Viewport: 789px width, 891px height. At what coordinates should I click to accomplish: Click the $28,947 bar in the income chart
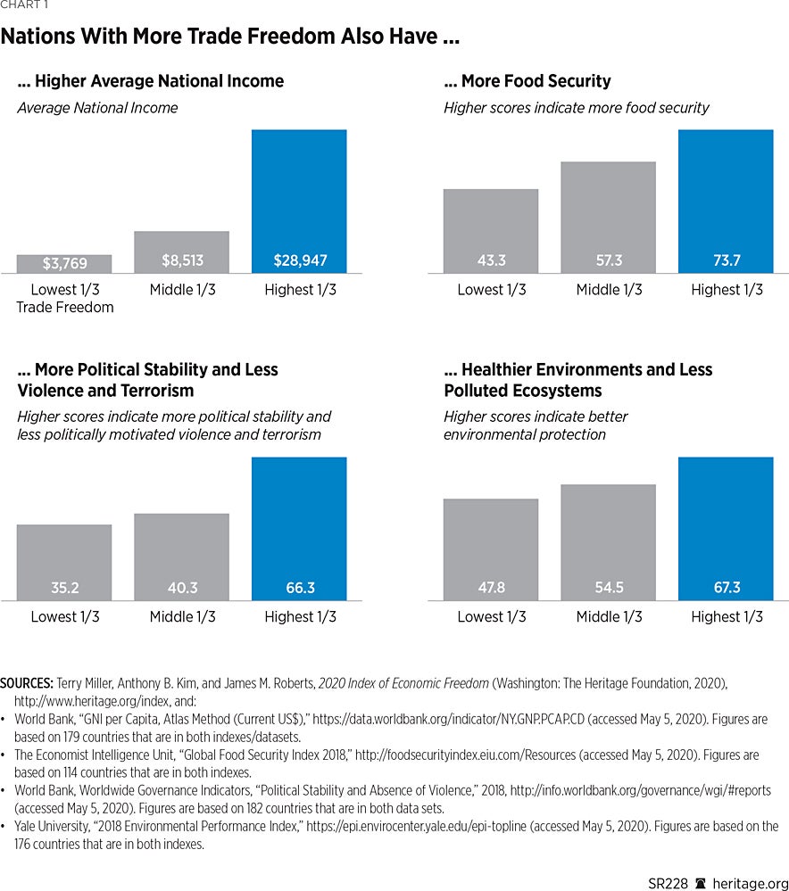(299, 201)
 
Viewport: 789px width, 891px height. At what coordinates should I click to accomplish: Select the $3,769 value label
(64, 263)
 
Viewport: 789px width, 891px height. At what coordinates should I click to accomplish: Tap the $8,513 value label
(182, 260)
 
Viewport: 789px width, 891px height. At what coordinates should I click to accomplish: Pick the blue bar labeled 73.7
(726, 201)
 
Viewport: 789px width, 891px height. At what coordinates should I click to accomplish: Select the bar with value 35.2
(64, 562)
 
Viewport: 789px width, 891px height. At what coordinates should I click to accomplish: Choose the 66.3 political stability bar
(299, 528)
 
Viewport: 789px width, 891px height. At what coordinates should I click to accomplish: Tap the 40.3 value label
(182, 588)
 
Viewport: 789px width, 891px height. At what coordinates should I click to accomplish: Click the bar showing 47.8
(491, 549)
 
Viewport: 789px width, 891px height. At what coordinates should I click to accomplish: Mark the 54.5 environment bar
(608, 542)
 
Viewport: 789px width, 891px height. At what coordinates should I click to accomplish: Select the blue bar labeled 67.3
(726, 528)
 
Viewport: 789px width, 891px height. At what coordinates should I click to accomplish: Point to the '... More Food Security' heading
(527, 81)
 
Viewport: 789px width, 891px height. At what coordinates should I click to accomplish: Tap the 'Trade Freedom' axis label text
(65, 308)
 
